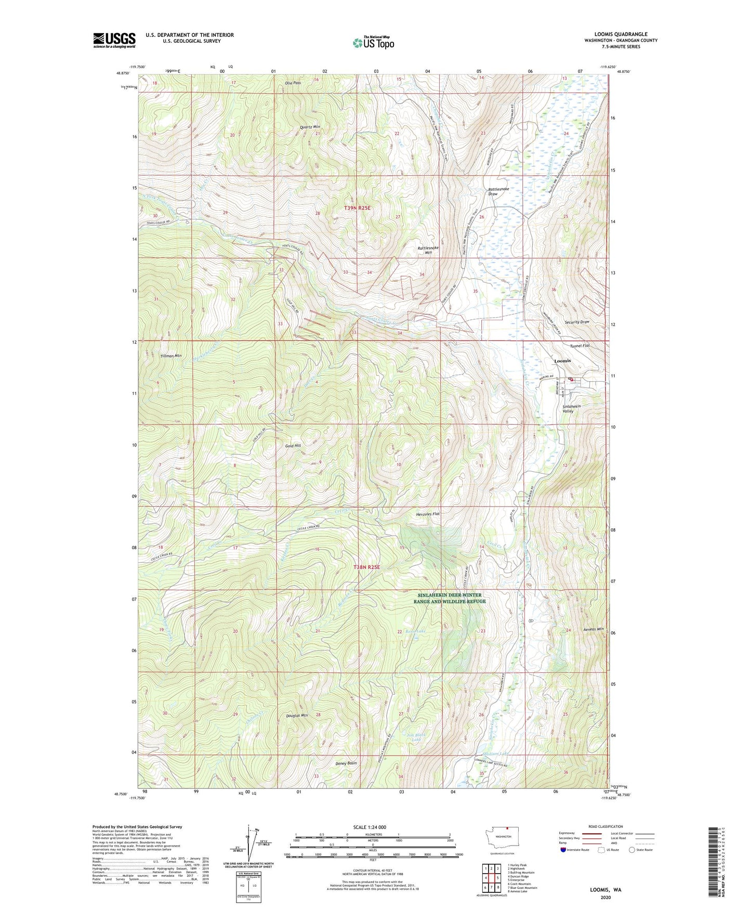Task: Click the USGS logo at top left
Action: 114,40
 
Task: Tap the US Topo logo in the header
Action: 373,43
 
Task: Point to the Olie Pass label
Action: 293,83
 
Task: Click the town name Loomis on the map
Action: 562,360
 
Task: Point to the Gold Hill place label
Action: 293,446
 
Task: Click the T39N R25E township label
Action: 357,207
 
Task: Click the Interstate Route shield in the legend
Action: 563,850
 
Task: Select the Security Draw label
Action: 577,322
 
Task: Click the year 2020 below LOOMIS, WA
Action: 605,897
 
